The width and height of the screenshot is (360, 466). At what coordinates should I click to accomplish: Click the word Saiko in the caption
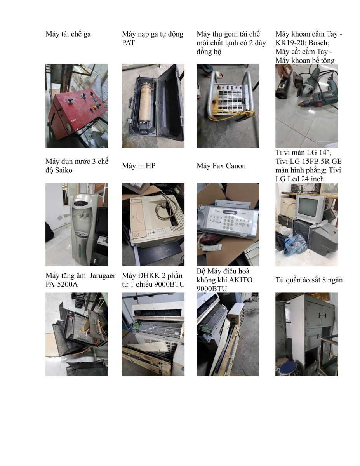pyautogui.click(x=64, y=170)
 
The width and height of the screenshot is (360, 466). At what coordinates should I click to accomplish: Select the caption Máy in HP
pyautogui.click(x=139, y=166)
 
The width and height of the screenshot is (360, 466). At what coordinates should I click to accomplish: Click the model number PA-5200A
pyautogui.click(x=61, y=284)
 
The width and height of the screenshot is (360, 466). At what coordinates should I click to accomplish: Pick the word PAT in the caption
pyautogui.click(x=128, y=43)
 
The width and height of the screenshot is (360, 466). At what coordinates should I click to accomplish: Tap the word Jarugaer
pyautogui.click(x=103, y=276)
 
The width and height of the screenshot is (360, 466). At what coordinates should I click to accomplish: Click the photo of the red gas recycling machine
pyautogui.click(x=77, y=106)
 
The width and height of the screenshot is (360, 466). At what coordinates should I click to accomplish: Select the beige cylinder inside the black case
pyautogui.click(x=145, y=101)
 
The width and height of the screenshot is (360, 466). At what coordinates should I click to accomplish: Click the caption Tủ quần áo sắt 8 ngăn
pyautogui.click(x=309, y=280)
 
